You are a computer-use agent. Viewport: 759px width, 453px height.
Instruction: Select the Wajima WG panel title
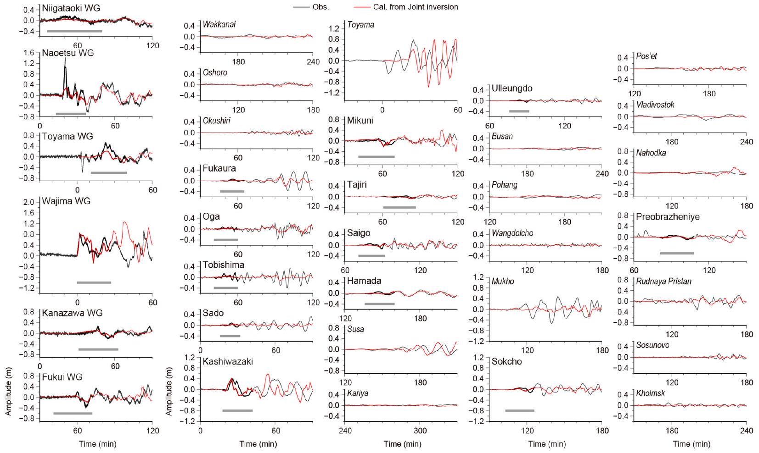coord(66,201)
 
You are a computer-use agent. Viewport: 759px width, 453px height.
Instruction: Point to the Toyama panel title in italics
coord(361,25)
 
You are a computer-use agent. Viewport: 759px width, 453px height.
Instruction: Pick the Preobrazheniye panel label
coord(668,217)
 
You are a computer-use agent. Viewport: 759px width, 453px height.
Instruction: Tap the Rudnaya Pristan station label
coord(664,282)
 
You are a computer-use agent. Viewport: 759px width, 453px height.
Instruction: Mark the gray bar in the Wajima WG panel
coord(94,282)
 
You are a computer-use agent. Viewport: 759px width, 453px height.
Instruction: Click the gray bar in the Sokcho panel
coord(520,410)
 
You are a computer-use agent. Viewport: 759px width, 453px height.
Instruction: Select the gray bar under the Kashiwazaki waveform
coord(237,410)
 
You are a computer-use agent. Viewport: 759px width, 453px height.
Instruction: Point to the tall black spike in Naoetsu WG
coord(65,69)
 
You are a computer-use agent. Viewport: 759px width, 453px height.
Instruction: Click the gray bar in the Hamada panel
coord(380,304)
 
